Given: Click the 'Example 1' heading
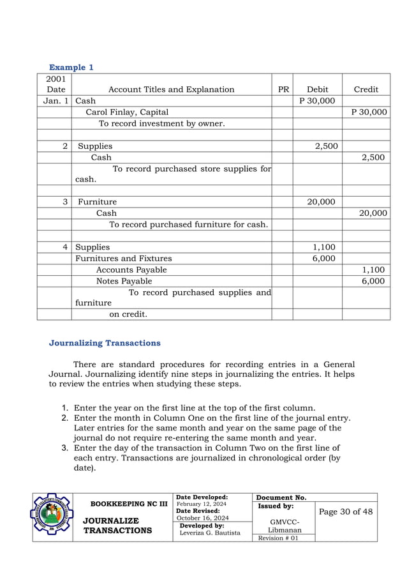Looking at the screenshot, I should coord(71,67).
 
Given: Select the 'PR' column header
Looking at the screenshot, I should coord(283,89).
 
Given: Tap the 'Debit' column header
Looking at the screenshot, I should coord(317,89).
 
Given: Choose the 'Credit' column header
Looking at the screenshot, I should coord(366,89).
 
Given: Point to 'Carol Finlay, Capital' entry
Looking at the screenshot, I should coord(128,112).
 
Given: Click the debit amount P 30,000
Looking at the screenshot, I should coord(317,101).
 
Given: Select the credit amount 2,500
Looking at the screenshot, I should coord(373,157).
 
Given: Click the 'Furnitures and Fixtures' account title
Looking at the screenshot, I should coord(124,259).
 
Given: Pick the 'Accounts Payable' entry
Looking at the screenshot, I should coord(131,270).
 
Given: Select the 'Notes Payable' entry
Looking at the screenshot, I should coord(124,281).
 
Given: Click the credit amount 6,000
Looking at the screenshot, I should coord(373,281).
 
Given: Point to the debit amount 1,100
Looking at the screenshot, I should coord(323,247).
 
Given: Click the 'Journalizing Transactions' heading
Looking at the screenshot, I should coord(105,343).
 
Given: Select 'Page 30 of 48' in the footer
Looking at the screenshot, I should coord(346,512).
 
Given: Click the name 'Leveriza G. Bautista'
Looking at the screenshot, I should coord(211,533).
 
